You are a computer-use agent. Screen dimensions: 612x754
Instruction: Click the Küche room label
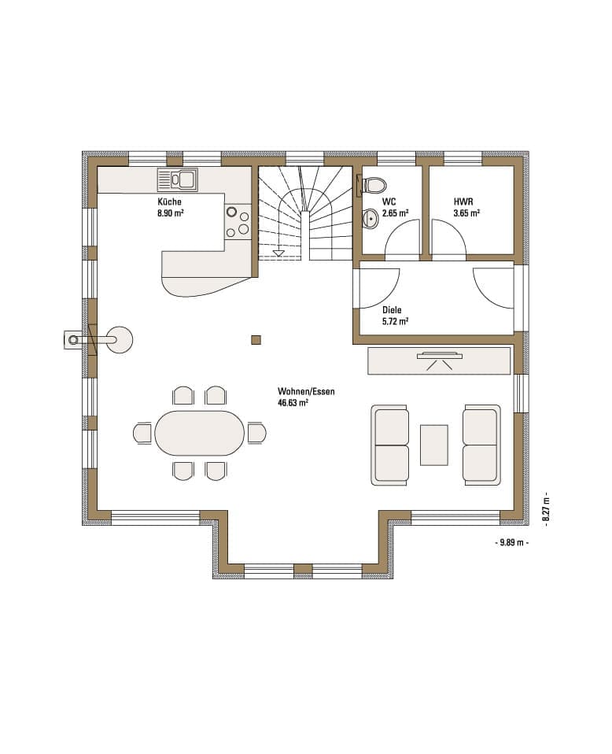pyautogui.click(x=170, y=202)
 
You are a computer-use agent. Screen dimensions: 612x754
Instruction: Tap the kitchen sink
pyautogui.click(x=178, y=180)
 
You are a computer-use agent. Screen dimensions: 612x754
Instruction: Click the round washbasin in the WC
pyautogui.click(x=371, y=218)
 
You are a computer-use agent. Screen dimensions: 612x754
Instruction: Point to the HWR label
pyautogui.click(x=463, y=202)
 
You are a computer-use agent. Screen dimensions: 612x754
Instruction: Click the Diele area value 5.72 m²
pyautogui.click(x=395, y=321)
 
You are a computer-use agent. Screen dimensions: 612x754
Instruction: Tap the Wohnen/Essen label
pyautogui.click(x=306, y=391)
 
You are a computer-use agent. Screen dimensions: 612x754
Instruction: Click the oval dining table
pyautogui.click(x=200, y=433)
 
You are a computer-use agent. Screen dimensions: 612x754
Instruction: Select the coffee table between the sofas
pyautogui.click(x=434, y=445)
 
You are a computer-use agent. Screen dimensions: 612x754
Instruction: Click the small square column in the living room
pyautogui.click(x=256, y=340)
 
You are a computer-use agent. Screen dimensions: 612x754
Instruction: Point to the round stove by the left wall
pyautogui.click(x=120, y=340)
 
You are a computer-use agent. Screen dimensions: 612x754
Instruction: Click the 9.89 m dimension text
pyautogui.click(x=511, y=542)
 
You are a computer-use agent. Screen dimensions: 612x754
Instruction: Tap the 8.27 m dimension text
pyautogui.click(x=546, y=509)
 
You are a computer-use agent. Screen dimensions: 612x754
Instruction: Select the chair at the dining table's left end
pyautogui.click(x=143, y=433)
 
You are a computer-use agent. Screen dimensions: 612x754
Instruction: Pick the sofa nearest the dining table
pyautogui.click(x=390, y=445)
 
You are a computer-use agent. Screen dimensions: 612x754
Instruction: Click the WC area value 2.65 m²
pyautogui.click(x=395, y=213)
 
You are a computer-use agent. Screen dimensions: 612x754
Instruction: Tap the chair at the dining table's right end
pyautogui.click(x=256, y=433)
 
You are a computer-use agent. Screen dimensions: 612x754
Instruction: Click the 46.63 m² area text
pyautogui.click(x=293, y=403)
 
